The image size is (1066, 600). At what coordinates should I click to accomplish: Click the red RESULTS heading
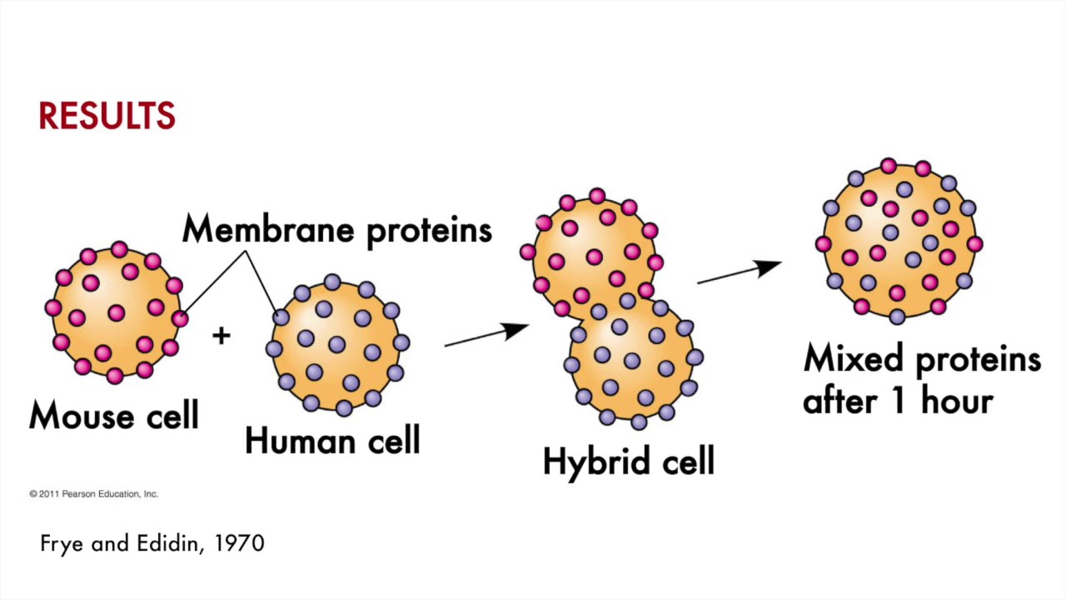pyautogui.click(x=107, y=117)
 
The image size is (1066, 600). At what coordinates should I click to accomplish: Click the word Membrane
pyautogui.click(x=270, y=229)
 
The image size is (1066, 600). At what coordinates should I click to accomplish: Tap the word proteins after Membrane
pyautogui.click(x=429, y=231)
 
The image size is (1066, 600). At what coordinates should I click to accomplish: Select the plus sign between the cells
pyautogui.click(x=221, y=336)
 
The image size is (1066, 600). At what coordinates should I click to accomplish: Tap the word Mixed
pyautogui.click(x=854, y=359)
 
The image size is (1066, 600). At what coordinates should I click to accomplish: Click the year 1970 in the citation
pyautogui.click(x=239, y=544)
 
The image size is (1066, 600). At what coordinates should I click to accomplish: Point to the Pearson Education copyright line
pyautogui.click(x=93, y=494)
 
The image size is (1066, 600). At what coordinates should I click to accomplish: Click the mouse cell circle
pyautogui.click(x=116, y=312)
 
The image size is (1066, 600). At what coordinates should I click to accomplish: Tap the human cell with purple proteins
pyautogui.click(x=337, y=345)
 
